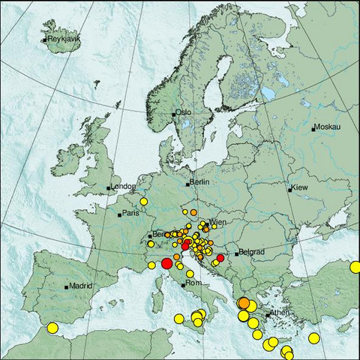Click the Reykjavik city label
[x=62, y=39]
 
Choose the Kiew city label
[x=300, y=186]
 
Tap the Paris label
[x=132, y=214]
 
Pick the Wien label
[x=218, y=223]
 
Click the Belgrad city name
[x=251, y=253]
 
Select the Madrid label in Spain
[x=80, y=286]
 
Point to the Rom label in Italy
[x=193, y=283]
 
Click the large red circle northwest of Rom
[x=166, y=263]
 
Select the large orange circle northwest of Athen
[x=244, y=304]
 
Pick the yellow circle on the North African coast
[x=52, y=327]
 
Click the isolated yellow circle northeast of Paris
[x=143, y=201]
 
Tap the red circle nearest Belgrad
[x=220, y=258]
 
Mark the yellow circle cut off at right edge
[x=355, y=267]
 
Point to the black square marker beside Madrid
[x=67, y=286]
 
